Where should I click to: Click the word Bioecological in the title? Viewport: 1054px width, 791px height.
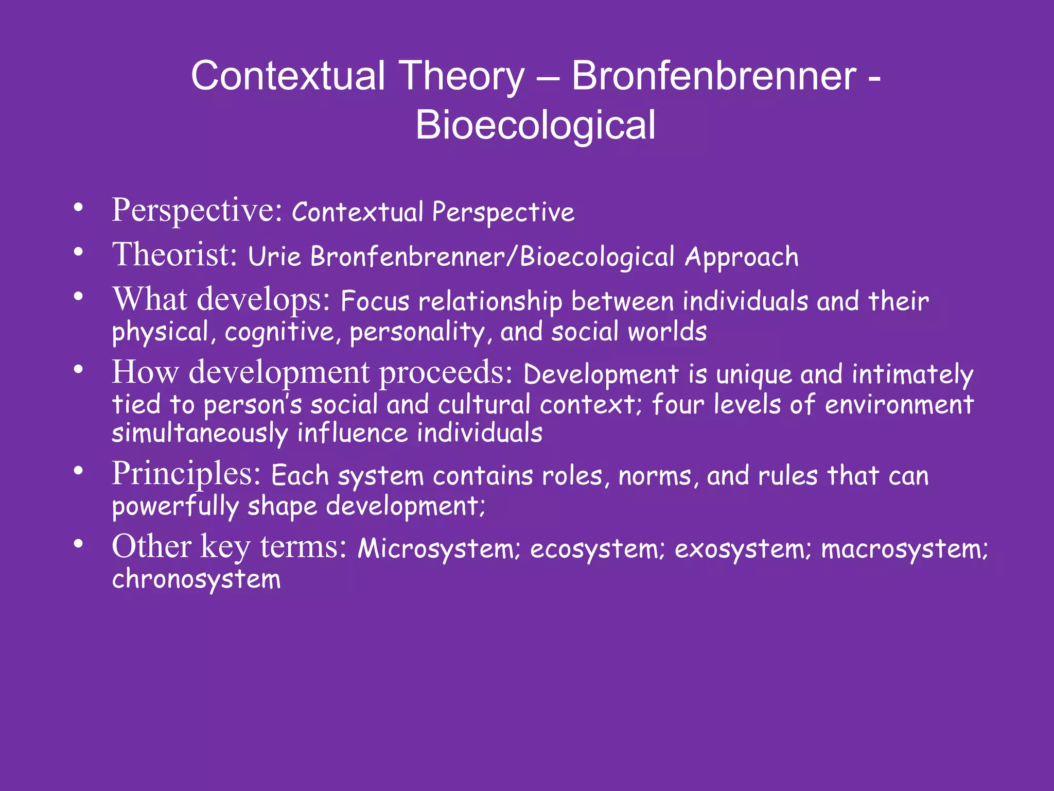click(535, 125)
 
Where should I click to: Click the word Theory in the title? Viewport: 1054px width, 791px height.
click(461, 76)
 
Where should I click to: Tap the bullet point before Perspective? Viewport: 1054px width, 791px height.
click(78, 208)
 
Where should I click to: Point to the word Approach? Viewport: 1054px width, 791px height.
click(741, 257)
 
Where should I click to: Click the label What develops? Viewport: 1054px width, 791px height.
click(221, 299)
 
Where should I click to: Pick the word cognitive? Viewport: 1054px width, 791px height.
click(280, 332)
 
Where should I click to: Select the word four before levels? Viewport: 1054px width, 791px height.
click(678, 404)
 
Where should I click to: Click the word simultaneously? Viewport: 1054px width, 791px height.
click(200, 433)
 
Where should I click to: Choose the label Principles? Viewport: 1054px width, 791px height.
click(186, 473)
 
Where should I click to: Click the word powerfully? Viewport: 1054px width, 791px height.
click(175, 506)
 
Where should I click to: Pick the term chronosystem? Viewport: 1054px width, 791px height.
click(197, 579)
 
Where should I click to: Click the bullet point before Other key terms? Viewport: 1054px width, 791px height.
click(78, 544)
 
